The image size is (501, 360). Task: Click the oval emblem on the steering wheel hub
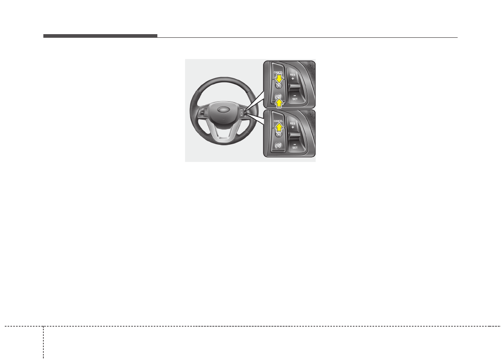click(x=223, y=109)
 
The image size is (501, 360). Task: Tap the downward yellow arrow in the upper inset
click(x=279, y=79)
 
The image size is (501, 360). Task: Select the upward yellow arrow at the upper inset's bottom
click(x=279, y=103)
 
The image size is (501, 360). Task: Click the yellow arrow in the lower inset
click(x=279, y=127)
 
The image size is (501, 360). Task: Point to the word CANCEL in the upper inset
click(x=278, y=72)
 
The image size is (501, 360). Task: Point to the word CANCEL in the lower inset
click(x=278, y=121)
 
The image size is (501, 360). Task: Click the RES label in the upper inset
click(x=293, y=75)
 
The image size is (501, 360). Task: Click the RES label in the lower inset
click(x=293, y=124)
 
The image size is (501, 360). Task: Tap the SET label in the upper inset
click(x=295, y=99)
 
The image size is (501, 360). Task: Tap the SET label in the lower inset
click(x=295, y=148)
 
